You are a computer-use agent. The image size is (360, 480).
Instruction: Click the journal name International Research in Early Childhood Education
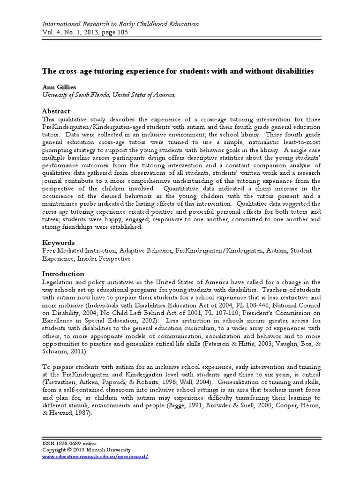pyautogui.click(x=120, y=24)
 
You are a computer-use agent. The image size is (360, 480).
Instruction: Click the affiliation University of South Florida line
pyautogui.click(x=109, y=95)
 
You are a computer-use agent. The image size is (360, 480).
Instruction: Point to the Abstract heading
pyautogui.click(x=56, y=111)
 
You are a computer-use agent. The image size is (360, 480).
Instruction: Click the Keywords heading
pyautogui.click(x=58, y=243)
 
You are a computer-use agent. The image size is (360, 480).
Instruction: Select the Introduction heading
pyautogui.click(x=63, y=274)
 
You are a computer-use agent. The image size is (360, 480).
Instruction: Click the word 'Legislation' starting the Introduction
pyautogui.click(x=60, y=282)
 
